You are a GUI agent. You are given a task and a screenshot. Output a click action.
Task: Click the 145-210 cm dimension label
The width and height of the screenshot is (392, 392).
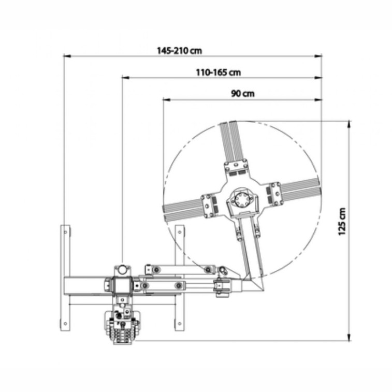pyautogui.click(x=179, y=51)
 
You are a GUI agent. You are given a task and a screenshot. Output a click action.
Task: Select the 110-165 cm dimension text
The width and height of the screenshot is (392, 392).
pyautogui.click(x=218, y=72)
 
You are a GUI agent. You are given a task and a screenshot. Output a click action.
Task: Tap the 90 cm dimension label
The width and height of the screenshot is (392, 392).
pyautogui.click(x=243, y=94)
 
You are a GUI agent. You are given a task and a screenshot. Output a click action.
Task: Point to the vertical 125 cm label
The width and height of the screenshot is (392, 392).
pyautogui.click(x=342, y=222)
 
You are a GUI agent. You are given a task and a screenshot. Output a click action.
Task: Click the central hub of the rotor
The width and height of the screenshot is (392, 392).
pyautogui.click(x=242, y=200)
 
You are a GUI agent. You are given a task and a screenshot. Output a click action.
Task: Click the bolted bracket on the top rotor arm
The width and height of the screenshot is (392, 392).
pyautogui.click(x=236, y=167)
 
